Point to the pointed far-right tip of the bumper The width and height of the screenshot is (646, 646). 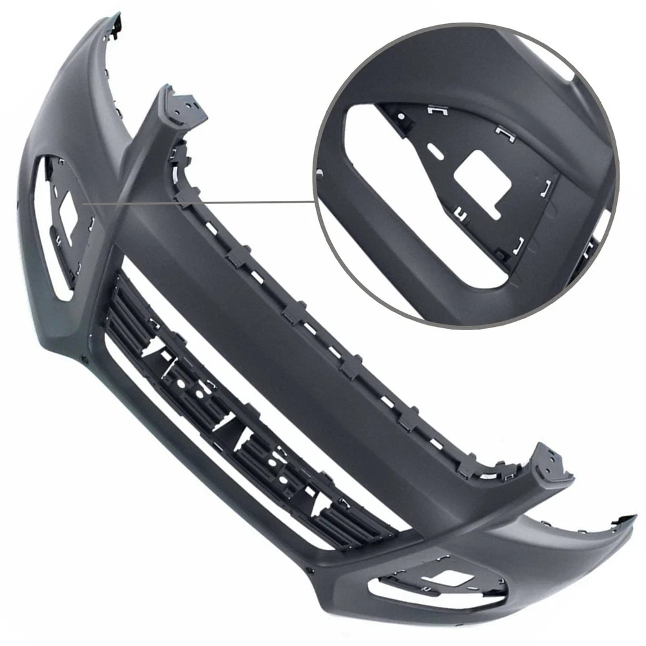point(633,517)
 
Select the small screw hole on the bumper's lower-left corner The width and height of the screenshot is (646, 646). point(84,357)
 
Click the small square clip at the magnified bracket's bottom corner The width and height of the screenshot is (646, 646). point(502,256)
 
